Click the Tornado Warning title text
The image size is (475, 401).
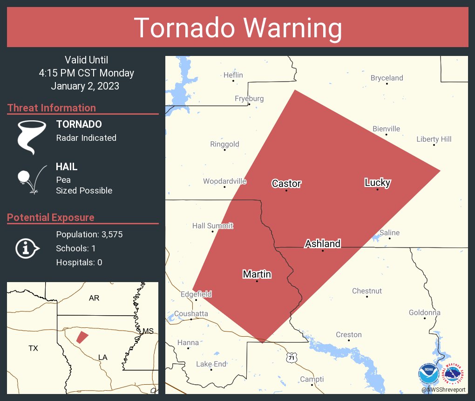[237, 28]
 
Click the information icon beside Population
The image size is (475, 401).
[27, 249]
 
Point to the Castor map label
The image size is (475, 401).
[286, 183]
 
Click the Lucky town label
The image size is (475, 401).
[377, 182]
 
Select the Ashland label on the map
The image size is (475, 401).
[322, 243]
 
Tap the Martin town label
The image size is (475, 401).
[257, 274]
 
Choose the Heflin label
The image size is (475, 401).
[233, 75]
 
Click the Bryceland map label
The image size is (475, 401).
[387, 78]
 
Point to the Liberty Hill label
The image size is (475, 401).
[434, 139]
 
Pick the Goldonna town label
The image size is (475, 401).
[424, 312]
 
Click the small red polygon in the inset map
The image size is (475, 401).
[82, 337]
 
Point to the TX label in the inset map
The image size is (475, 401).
[33, 348]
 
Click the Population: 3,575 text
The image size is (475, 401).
[89, 235]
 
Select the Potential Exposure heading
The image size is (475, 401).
[51, 217]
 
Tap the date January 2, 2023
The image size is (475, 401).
[85, 86]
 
